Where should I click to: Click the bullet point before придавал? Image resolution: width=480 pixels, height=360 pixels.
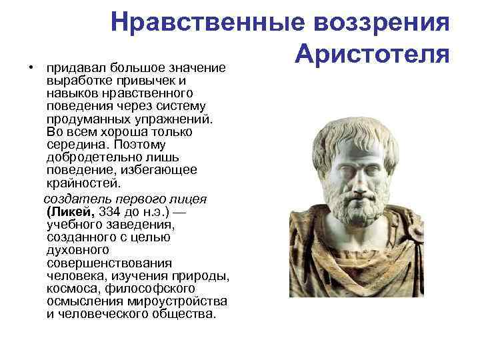(x=31, y=68)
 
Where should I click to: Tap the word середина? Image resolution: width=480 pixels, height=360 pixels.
(x=75, y=145)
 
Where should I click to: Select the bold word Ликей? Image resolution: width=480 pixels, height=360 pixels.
(x=71, y=211)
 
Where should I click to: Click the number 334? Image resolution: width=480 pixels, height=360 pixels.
(x=111, y=211)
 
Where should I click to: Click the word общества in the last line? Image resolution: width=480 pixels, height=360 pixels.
(x=188, y=314)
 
